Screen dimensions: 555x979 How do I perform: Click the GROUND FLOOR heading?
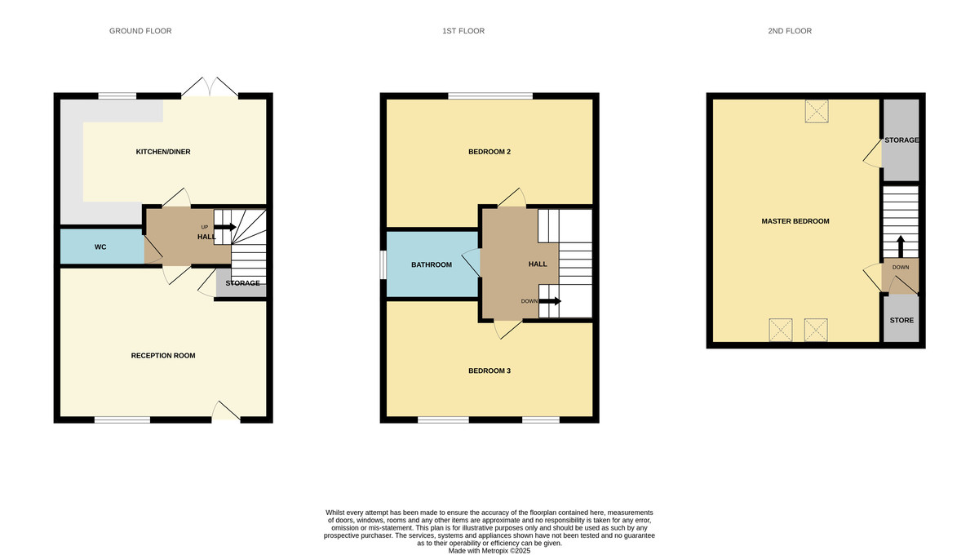pyautogui.click(x=140, y=31)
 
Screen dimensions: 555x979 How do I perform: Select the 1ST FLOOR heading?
pyautogui.click(x=463, y=31)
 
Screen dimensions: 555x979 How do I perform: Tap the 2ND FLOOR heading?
pyautogui.click(x=790, y=31)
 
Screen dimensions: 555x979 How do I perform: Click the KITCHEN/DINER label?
pyautogui.click(x=163, y=152)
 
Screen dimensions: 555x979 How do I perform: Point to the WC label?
pyautogui.click(x=100, y=246)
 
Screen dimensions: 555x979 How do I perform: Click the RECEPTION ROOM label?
pyautogui.click(x=163, y=356)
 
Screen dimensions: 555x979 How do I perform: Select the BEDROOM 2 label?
pyautogui.click(x=489, y=152)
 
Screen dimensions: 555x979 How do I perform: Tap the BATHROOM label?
pyautogui.click(x=432, y=264)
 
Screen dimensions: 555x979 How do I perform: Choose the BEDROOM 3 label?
pyautogui.click(x=489, y=371)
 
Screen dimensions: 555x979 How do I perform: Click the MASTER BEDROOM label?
pyautogui.click(x=795, y=221)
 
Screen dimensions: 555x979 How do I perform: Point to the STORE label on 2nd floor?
pyautogui.click(x=901, y=321)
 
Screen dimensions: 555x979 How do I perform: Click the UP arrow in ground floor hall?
pyautogui.click(x=224, y=227)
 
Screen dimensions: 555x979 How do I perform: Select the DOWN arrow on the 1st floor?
pyautogui.click(x=550, y=301)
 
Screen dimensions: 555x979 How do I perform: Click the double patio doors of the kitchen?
pyautogui.click(x=210, y=88)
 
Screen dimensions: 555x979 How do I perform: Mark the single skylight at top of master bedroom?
pyautogui.click(x=816, y=111)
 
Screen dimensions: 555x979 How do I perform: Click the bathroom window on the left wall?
pyautogui.click(x=383, y=264)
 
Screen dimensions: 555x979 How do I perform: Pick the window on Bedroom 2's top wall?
pyautogui.click(x=490, y=96)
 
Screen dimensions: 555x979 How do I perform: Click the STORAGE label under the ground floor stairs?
pyautogui.click(x=243, y=283)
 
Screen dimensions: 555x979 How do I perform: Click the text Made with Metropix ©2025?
pyautogui.click(x=489, y=551)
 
